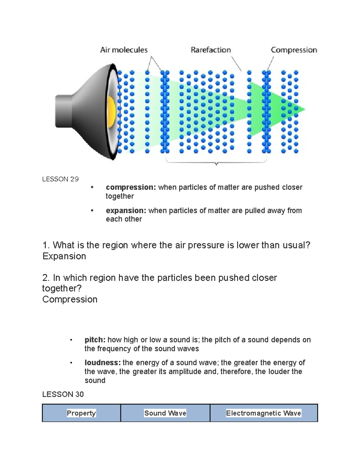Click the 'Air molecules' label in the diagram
click(124, 50)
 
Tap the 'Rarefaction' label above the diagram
click(211, 50)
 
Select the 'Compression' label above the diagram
click(294, 50)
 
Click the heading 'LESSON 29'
click(60, 179)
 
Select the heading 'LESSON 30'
click(63, 394)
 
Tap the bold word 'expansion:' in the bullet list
click(126, 211)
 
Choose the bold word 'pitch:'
click(95, 340)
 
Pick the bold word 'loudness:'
click(102, 363)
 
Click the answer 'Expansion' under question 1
click(64, 256)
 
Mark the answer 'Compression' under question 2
click(70, 299)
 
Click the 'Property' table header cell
click(81, 413)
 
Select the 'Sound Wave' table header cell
click(165, 413)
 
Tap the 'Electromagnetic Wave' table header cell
click(263, 413)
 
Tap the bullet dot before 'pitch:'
click(71, 340)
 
